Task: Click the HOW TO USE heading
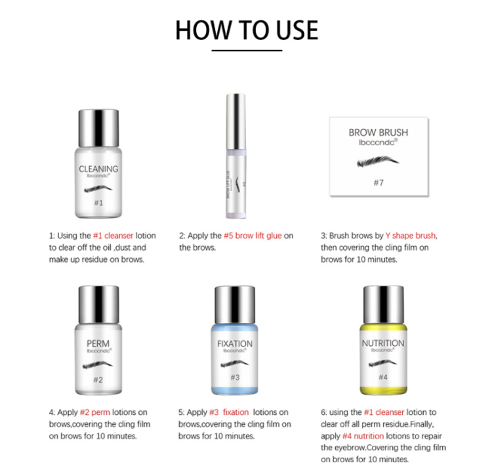(246, 30)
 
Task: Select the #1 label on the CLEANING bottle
(98, 203)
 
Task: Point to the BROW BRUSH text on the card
(379, 133)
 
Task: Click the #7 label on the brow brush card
(379, 183)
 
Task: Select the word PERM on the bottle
(98, 343)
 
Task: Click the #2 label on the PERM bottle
(98, 379)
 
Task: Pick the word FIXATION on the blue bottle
(234, 343)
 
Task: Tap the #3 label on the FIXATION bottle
(234, 377)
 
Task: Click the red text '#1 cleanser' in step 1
(113, 235)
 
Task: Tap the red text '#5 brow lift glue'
(251, 235)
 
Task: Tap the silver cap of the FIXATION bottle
(234, 304)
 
